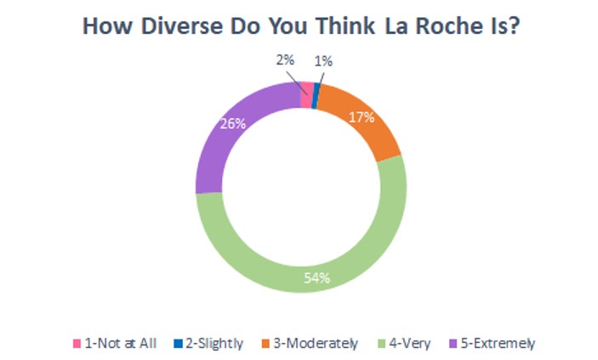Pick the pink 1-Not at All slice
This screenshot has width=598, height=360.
click(306, 95)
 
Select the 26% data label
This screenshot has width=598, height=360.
click(233, 123)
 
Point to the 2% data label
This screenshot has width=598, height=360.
click(284, 61)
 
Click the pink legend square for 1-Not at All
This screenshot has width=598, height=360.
click(77, 344)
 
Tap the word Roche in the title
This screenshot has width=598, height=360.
click(452, 27)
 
